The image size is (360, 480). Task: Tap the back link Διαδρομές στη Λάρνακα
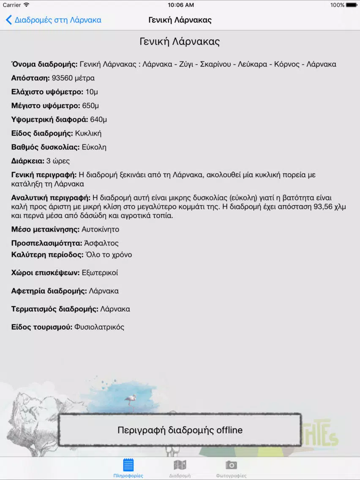54,20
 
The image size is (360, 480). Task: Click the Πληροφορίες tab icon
128,465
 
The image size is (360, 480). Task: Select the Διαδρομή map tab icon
180,465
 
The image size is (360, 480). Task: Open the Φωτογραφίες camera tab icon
231,465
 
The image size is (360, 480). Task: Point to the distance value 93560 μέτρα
73,78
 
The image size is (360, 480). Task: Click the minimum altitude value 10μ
92,92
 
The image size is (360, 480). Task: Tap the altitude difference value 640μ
98,120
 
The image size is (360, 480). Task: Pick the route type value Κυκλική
88,134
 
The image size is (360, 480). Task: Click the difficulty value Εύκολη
94,147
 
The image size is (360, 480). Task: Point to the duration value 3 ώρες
58,161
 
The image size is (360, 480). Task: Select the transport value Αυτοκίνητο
101,229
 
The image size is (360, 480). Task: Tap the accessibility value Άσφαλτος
101,243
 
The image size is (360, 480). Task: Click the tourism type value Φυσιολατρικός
99,327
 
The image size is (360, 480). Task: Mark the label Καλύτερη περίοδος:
47,255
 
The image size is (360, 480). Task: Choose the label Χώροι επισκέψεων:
46,273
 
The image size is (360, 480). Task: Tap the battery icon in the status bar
352,5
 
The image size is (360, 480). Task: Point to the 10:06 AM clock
180,5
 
